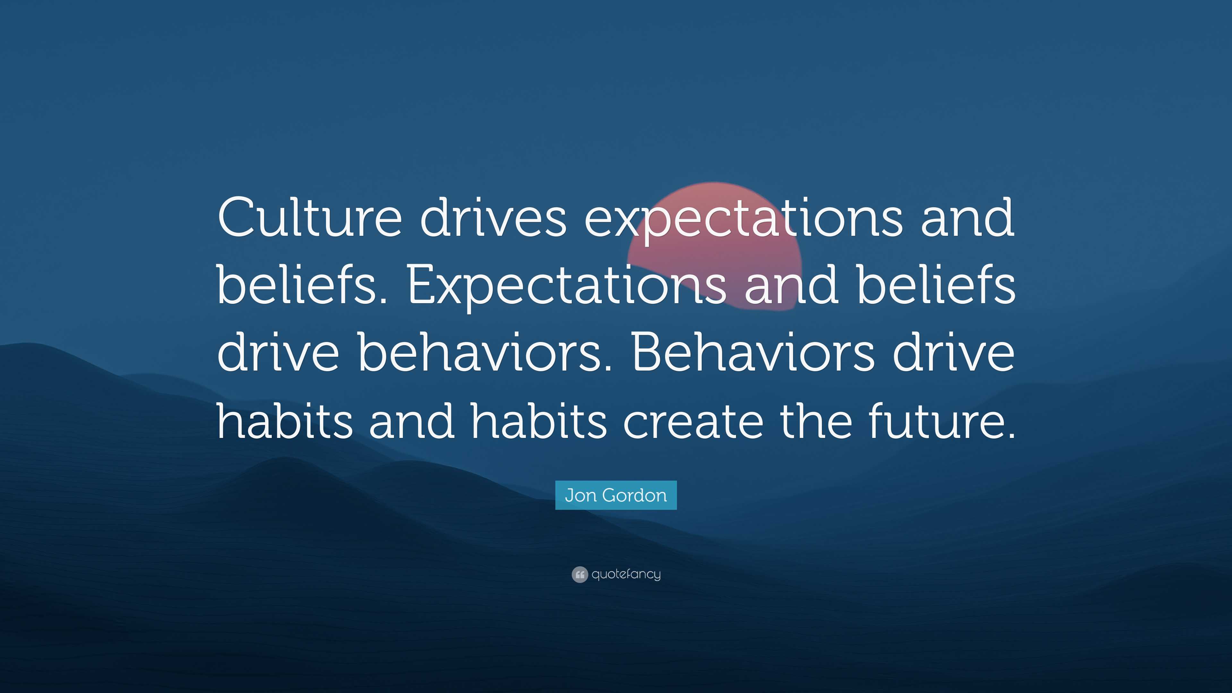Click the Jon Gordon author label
tap(616, 495)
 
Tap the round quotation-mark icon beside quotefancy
tap(579, 574)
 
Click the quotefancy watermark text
tap(626, 574)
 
